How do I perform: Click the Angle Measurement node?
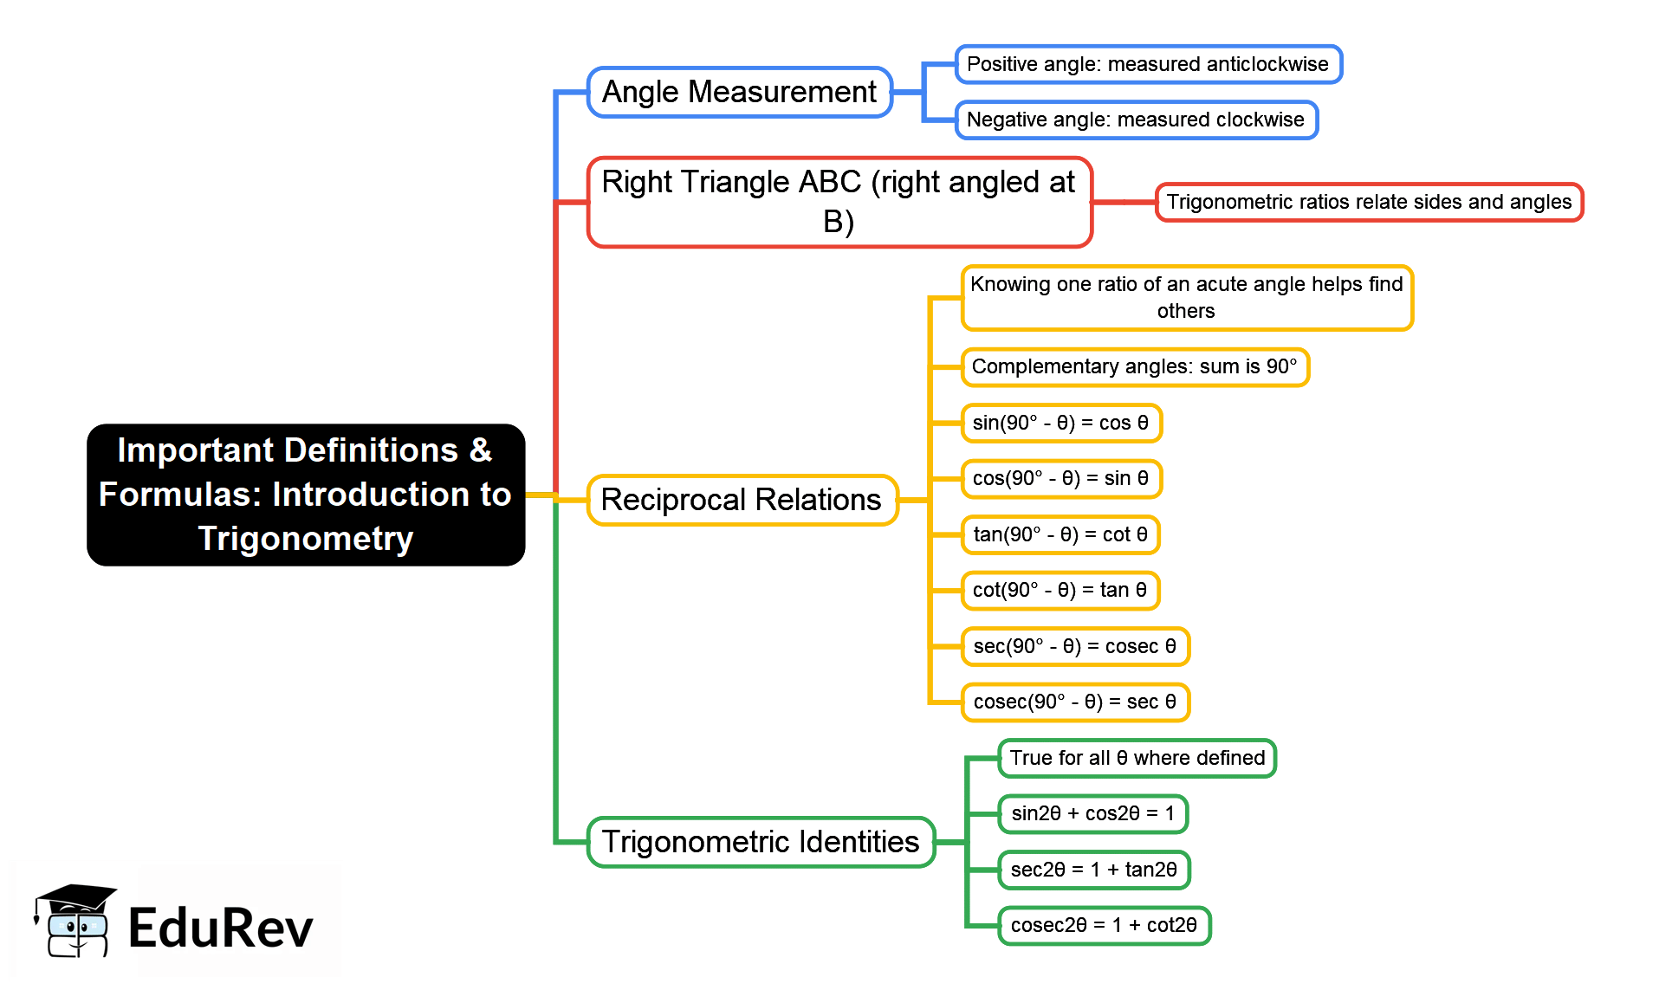(739, 92)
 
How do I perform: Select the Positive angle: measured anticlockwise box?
(1148, 64)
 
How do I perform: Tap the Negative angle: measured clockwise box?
(1136, 120)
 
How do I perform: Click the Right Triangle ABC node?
(839, 202)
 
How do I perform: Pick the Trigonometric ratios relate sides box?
(1369, 202)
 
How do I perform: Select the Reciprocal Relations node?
(742, 500)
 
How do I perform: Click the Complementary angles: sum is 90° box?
(1134, 366)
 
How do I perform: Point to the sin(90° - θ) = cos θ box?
(1060, 423)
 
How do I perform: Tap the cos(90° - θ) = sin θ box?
(1060, 478)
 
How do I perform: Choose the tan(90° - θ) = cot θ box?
(1060, 534)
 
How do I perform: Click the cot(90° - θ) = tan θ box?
(1060, 590)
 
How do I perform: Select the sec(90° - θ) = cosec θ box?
(1074, 646)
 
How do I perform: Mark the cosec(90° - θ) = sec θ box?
(1074, 702)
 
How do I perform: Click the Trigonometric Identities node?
(761, 842)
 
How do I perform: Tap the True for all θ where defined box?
(1137, 758)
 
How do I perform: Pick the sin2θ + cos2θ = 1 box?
(1092, 813)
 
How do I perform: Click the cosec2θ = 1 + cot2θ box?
(1104, 925)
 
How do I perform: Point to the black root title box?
(306, 495)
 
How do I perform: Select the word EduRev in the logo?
(220, 928)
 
